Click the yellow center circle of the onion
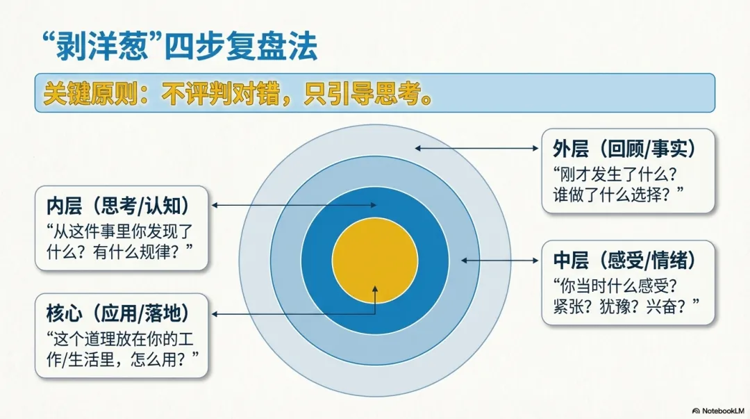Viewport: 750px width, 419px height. click(x=375, y=261)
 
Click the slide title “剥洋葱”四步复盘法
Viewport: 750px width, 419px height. click(x=180, y=47)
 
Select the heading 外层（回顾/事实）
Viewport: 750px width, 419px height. click(x=624, y=149)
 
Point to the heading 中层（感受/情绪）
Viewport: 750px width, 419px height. click(x=624, y=261)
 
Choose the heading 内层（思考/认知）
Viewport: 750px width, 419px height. click(x=118, y=206)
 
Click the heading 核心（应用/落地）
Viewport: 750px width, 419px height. click(x=118, y=313)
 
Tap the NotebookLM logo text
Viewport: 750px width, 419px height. click(x=719, y=411)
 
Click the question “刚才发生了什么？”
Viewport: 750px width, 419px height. click(x=615, y=174)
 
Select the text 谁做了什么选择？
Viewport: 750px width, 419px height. click(x=618, y=195)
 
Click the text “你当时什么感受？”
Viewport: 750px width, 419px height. click(x=615, y=286)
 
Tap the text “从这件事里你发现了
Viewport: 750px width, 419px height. click(x=119, y=231)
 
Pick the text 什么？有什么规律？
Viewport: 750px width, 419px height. click(x=119, y=252)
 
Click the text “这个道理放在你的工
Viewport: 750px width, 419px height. click(x=119, y=339)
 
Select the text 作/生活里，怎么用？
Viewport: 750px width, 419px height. click(x=122, y=359)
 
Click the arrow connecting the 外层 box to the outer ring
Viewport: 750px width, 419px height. click(x=477, y=149)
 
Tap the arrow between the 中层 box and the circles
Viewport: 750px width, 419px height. click(x=500, y=261)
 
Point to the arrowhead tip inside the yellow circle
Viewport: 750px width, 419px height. click(x=375, y=286)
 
